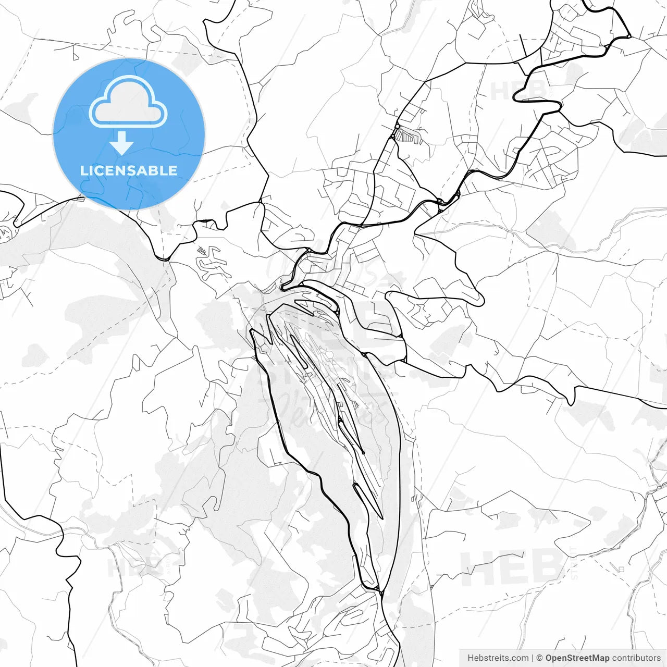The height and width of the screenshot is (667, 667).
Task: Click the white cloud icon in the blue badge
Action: click(x=128, y=102)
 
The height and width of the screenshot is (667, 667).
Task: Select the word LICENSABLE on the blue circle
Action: click(x=129, y=170)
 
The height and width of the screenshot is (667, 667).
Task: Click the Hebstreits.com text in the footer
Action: click(x=497, y=658)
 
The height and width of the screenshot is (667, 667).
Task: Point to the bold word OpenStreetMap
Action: click(x=577, y=658)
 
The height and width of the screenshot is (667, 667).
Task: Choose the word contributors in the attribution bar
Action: click(x=636, y=658)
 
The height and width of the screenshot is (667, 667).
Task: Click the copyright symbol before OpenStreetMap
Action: click(x=540, y=658)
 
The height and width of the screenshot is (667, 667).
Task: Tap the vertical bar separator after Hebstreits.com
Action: click(x=532, y=658)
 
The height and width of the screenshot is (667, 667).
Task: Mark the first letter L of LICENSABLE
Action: click(x=84, y=170)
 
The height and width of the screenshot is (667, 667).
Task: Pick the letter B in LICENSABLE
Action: click(x=154, y=170)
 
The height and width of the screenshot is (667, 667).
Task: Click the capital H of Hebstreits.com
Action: click(x=471, y=658)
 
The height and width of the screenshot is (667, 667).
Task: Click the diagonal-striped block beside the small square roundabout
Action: click(x=404, y=136)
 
